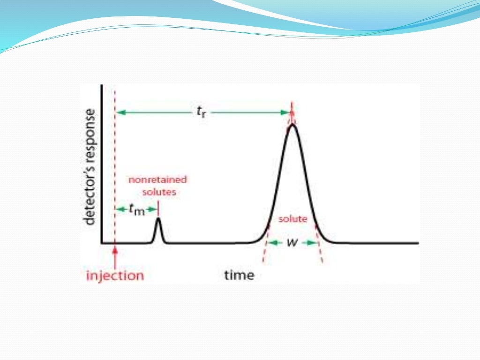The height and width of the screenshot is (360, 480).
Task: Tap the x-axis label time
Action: click(x=239, y=275)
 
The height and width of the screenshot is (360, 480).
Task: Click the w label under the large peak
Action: click(x=291, y=242)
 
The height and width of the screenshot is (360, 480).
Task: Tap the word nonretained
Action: click(x=157, y=180)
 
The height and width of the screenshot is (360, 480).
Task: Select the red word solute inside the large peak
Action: click(x=292, y=219)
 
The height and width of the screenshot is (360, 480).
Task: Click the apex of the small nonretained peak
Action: click(x=158, y=218)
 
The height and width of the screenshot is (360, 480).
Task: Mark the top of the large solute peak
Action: click(x=292, y=124)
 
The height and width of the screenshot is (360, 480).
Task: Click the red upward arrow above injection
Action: click(x=115, y=253)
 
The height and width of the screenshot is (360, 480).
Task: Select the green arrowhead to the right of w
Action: click(x=311, y=242)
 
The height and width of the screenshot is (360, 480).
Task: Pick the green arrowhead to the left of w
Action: click(x=272, y=242)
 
